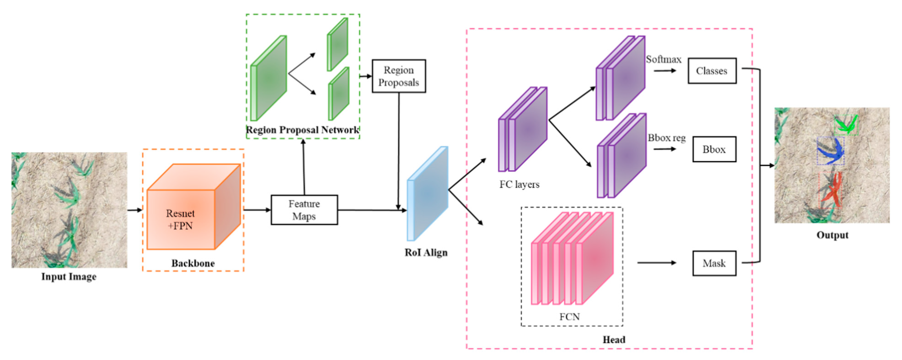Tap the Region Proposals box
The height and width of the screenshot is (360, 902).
pyautogui.click(x=399, y=76)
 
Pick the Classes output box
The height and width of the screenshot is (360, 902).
pyautogui.click(x=712, y=71)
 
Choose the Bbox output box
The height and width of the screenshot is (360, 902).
pyautogui.click(x=714, y=149)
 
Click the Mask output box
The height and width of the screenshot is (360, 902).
pyautogui.click(x=714, y=263)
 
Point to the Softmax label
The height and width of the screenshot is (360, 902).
pyautogui.click(x=663, y=59)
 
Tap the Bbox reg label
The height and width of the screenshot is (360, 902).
pyautogui.click(x=666, y=138)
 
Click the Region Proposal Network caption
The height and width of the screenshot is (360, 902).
pyautogui.click(x=302, y=130)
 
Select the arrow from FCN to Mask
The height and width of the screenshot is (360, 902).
pyautogui.click(x=656, y=263)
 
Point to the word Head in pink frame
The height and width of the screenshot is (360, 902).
pyautogui.click(x=613, y=339)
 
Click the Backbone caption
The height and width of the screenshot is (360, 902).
pyautogui.click(x=193, y=263)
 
